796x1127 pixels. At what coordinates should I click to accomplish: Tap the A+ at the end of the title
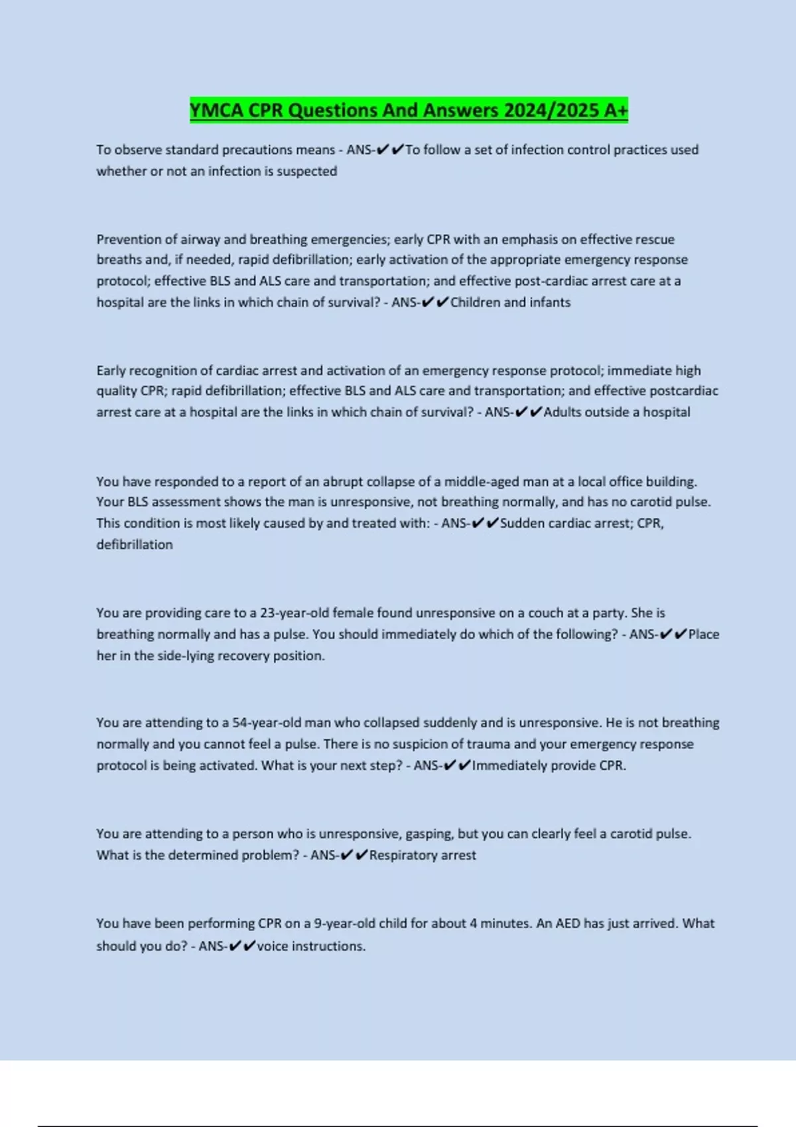pos(616,110)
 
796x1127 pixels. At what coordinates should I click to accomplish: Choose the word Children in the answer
pos(475,302)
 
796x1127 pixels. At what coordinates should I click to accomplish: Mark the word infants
pos(550,302)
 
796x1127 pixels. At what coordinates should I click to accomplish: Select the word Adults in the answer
pos(563,412)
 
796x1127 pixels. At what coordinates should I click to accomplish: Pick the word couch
pos(546,613)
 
